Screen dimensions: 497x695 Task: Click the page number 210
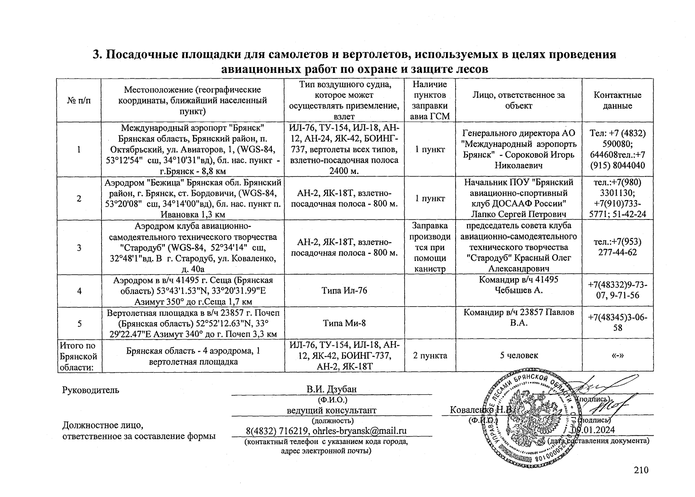click(x=641, y=470)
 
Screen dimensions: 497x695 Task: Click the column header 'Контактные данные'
click(x=617, y=100)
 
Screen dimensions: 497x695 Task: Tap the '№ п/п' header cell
click(x=79, y=100)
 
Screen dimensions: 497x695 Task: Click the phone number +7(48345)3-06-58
click(x=618, y=323)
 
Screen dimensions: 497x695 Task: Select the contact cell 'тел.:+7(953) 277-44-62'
click(x=618, y=247)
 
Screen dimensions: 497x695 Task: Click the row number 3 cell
click(x=79, y=248)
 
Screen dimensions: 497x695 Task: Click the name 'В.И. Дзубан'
click(x=331, y=389)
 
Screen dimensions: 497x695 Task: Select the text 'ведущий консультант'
click(x=331, y=410)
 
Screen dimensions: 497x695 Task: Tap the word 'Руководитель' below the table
click(x=90, y=390)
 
